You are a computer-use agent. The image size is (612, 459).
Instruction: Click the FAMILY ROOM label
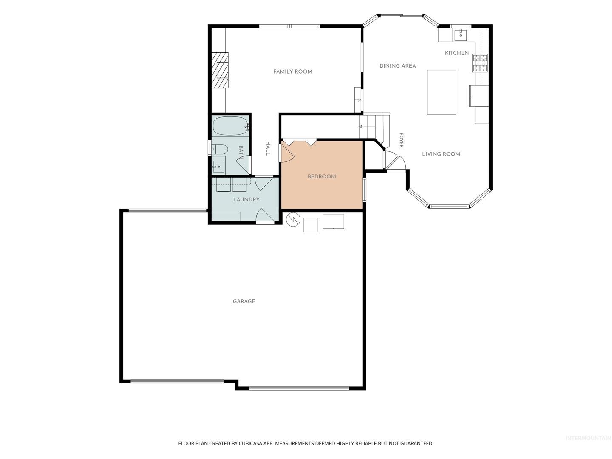pyautogui.click(x=292, y=72)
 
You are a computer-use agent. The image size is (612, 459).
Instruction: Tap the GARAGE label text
pyautogui.click(x=244, y=301)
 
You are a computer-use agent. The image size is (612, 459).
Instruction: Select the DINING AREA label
pyautogui.click(x=398, y=66)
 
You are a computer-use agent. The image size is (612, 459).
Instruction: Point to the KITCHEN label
pyautogui.click(x=457, y=53)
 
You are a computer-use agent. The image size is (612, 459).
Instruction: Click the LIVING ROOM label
pyautogui.click(x=441, y=154)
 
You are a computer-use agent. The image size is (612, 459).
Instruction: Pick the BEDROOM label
pyautogui.click(x=322, y=176)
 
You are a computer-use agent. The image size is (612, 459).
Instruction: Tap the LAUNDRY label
pyautogui.click(x=246, y=200)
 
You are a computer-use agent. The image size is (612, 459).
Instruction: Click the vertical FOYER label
pyautogui.click(x=402, y=140)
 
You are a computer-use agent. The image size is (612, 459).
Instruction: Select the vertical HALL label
pyautogui.click(x=268, y=148)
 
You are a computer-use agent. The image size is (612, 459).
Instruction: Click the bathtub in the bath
pyautogui.click(x=230, y=126)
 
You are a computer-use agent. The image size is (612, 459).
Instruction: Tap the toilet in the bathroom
pyautogui.click(x=220, y=150)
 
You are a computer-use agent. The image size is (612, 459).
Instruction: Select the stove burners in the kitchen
pyautogui.click(x=480, y=63)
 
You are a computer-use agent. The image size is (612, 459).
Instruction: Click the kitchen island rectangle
pyautogui.click(x=442, y=92)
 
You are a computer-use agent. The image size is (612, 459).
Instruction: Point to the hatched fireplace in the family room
pyautogui.click(x=220, y=70)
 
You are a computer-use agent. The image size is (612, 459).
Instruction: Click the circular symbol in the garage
pyautogui.click(x=293, y=220)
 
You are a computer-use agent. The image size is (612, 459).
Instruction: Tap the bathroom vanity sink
pyautogui.click(x=218, y=167)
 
